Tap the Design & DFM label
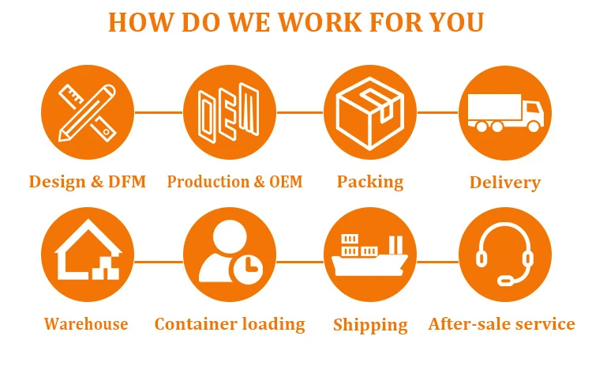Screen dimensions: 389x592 click(88, 182)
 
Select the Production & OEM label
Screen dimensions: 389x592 click(234, 182)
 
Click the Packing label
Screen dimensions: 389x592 click(370, 182)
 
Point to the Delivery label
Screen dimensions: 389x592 click(505, 183)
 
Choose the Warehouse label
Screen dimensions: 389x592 click(86, 323)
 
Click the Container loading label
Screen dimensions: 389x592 click(230, 323)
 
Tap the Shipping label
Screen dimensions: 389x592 click(370, 324)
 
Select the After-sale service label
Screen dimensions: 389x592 click(502, 323)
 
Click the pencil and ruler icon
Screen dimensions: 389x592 click(88, 112)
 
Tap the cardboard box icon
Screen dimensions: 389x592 click(369, 112)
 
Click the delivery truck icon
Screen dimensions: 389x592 click(505, 112)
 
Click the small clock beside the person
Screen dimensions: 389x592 click(247, 268)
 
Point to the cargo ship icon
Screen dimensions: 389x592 click(369, 255)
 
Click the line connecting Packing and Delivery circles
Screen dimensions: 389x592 click(437, 112)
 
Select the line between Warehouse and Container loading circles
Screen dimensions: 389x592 click(158, 261)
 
